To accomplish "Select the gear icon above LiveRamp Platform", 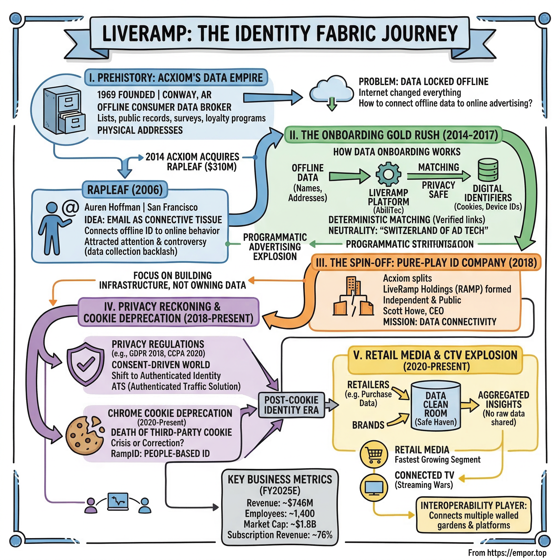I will pos(388,174).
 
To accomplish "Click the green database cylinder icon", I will pos(488,170).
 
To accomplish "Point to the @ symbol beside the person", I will pos(71,208).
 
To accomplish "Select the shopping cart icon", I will pos(374,454).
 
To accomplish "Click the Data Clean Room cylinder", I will pos(435,406).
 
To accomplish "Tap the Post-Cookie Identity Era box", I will pos(291,405).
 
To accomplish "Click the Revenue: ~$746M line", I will pos(280,503).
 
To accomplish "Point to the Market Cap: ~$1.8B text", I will pos(280,524).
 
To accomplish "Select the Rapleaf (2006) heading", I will pos(125,190).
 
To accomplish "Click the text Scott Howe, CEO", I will pos(413,311).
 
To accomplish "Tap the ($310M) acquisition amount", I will pos(221,167).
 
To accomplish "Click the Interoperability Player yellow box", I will pos(473,515).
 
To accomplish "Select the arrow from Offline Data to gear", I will pos(349,176).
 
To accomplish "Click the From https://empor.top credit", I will pos(507,553).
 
